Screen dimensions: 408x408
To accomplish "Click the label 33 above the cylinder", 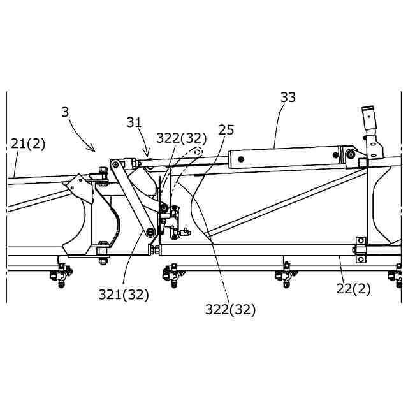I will point(288,98).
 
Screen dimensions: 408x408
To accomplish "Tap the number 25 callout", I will point(226,130).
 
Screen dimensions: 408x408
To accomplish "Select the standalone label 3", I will point(65,112).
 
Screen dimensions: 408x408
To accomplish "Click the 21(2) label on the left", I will point(28,144).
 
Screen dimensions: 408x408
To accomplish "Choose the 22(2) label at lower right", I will point(353,288).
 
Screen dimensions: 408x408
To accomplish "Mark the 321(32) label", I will point(124,295).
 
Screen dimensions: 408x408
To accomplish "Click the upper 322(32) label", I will point(182,138).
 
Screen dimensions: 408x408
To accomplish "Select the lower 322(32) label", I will point(230,310).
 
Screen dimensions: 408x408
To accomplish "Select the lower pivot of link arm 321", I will point(150,231).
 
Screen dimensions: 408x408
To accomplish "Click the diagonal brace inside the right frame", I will point(287,203).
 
